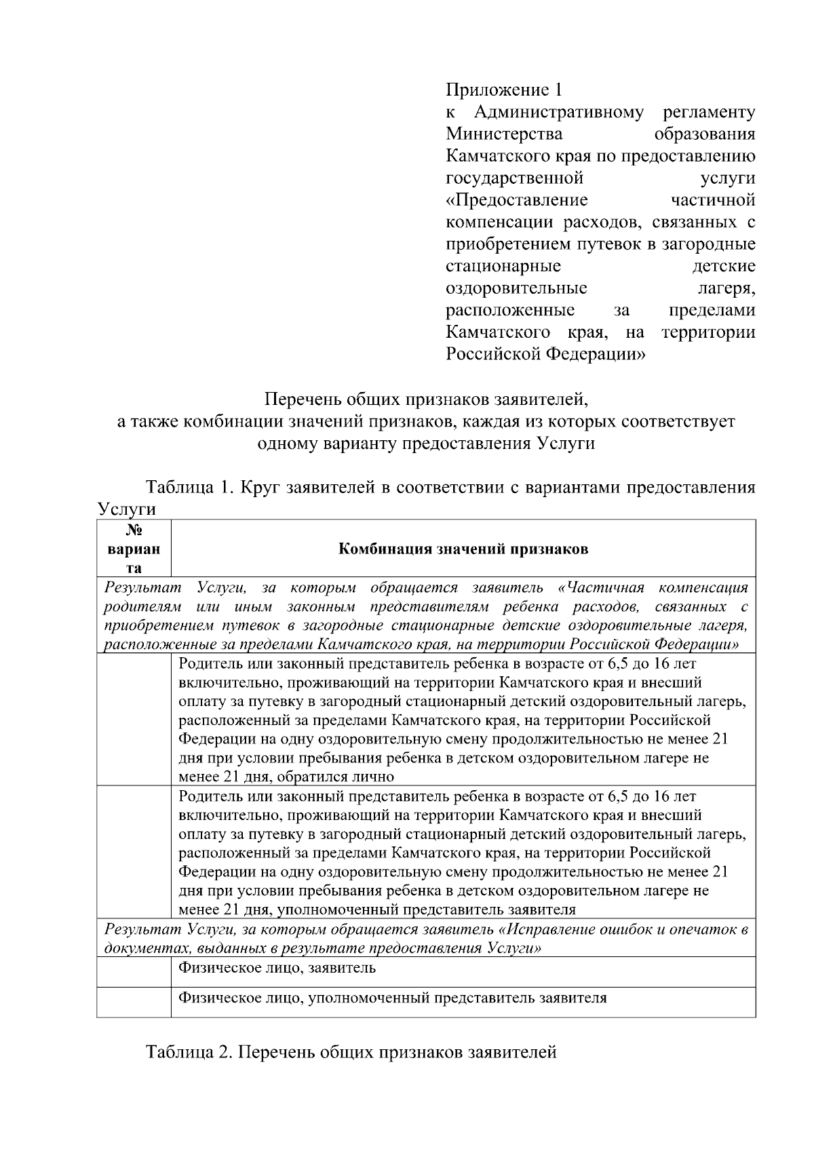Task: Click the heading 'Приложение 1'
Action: pyautogui.click(x=504, y=90)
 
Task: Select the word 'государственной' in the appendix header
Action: pyautogui.click(x=515, y=178)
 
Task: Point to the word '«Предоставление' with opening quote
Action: pyautogui.click(x=517, y=200)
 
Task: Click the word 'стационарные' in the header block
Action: pyautogui.click(x=503, y=267)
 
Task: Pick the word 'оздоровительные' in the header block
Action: pyautogui.click(x=516, y=289)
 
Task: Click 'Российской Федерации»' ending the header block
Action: pyautogui.click(x=545, y=355)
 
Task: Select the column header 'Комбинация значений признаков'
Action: pyautogui.click(x=463, y=549)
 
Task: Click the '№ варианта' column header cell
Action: pyautogui.click(x=134, y=549)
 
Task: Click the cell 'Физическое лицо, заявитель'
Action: pyautogui.click(x=277, y=968)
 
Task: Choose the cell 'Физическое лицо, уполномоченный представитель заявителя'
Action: pyautogui.click(x=392, y=998)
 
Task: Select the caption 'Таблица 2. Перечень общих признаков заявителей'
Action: pyautogui.click(x=351, y=1052)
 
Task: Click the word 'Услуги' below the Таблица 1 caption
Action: pyautogui.click(x=127, y=509)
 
